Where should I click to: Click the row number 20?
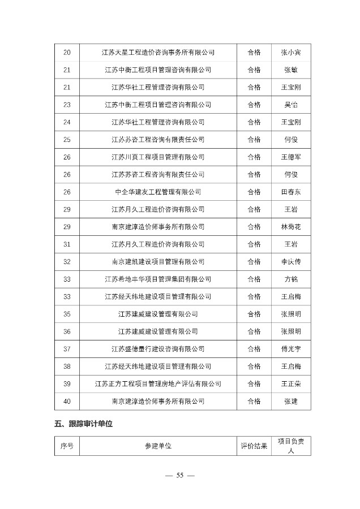point(67,53)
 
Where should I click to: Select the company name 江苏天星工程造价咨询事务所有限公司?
point(158,53)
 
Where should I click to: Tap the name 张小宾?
point(291,53)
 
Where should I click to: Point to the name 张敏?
point(291,70)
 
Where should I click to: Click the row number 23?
point(67,105)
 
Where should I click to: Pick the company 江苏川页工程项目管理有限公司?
point(158,157)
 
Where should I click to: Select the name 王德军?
point(291,157)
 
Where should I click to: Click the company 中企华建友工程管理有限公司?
point(158,192)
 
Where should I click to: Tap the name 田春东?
point(291,192)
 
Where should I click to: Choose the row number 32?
point(67,262)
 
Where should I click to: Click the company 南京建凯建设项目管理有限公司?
point(158,262)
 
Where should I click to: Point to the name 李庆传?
point(291,262)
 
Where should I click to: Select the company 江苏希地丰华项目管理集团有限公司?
point(158,279)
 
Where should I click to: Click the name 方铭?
point(291,279)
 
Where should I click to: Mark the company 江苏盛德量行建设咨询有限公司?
point(158,349)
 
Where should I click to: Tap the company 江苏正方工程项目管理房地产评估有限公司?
point(158,384)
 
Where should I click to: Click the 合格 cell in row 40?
point(254,401)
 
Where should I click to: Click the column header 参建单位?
point(158,446)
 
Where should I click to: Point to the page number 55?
point(179,475)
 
